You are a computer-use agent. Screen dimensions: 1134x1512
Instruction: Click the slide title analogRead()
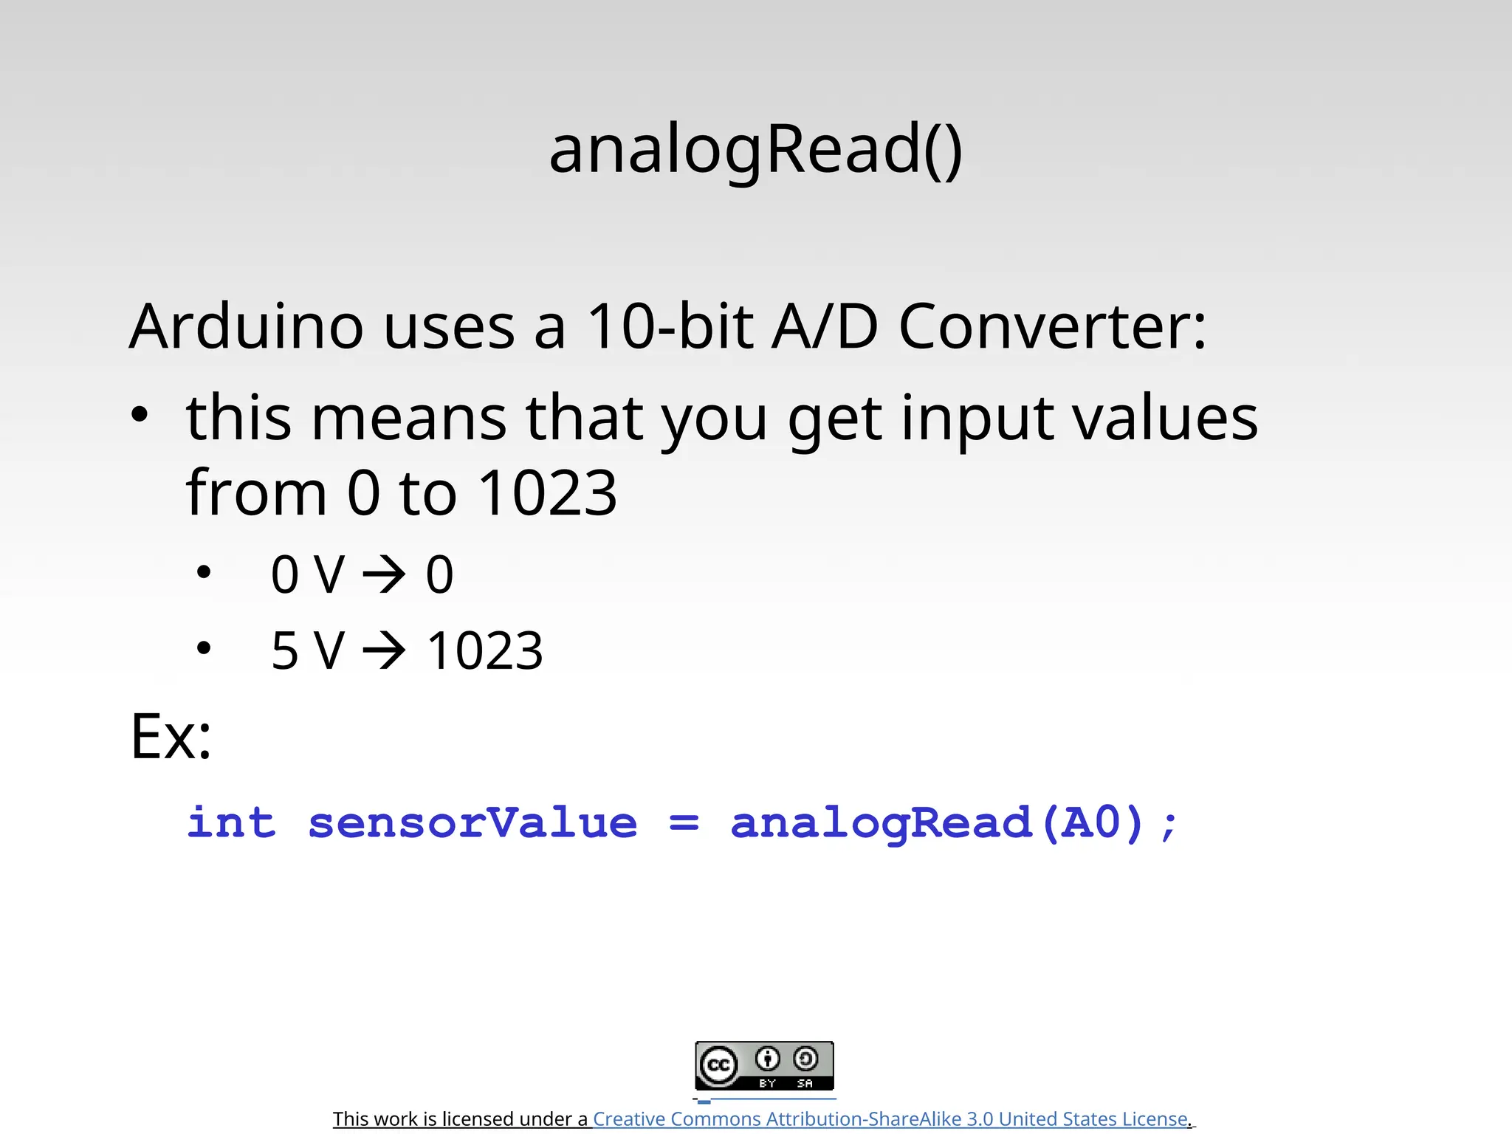pyautogui.click(x=755, y=150)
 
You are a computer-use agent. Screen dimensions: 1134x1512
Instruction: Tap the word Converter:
pyautogui.click(x=1052, y=326)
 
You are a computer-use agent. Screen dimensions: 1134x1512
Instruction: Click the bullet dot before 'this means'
pyautogui.click(x=140, y=415)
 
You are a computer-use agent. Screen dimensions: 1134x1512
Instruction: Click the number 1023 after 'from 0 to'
pyautogui.click(x=547, y=493)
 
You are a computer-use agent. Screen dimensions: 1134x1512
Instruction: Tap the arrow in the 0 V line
pyautogui.click(x=384, y=574)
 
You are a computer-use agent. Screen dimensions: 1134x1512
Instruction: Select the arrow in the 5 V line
pyautogui.click(x=384, y=651)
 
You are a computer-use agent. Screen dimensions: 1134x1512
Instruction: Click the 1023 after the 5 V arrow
pyautogui.click(x=485, y=651)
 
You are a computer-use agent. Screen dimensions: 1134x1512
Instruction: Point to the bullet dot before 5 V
pyautogui.click(x=204, y=648)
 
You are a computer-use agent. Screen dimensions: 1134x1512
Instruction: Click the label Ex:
pyautogui.click(x=171, y=737)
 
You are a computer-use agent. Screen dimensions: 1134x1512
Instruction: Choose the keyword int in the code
pyautogui.click(x=231, y=822)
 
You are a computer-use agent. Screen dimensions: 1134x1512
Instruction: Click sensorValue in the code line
pyautogui.click(x=472, y=822)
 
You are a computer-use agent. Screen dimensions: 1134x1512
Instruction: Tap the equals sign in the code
pyautogui.click(x=684, y=822)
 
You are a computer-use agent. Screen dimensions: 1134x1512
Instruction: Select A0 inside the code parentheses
pyautogui.click(x=1091, y=822)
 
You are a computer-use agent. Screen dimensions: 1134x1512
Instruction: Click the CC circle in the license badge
pyautogui.click(x=718, y=1065)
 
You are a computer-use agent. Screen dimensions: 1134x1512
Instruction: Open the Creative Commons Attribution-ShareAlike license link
pyautogui.click(x=890, y=1119)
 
